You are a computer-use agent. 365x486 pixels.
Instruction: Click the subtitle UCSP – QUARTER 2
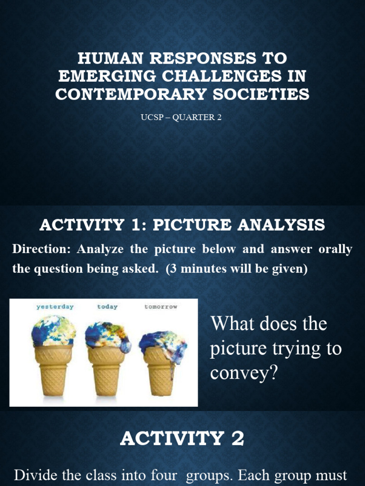(181, 118)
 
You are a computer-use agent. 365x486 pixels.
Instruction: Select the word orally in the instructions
(335, 249)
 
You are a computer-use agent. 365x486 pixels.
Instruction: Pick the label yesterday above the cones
(55, 307)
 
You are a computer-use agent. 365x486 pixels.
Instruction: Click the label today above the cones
(107, 307)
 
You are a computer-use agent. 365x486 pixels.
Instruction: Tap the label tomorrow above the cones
(161, 307)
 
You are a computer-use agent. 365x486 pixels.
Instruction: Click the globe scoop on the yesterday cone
(54, 331)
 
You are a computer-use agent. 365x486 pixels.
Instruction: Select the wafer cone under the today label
(106, 373)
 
